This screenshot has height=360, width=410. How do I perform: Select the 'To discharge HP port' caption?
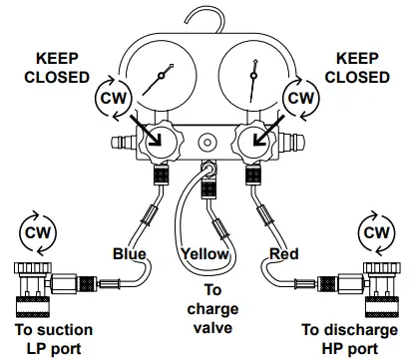(354, 339)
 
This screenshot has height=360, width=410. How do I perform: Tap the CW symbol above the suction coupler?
(36, 232)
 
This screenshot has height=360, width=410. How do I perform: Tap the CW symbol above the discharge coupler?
(375, 232)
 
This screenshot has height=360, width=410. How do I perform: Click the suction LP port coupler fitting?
(40, 286)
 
